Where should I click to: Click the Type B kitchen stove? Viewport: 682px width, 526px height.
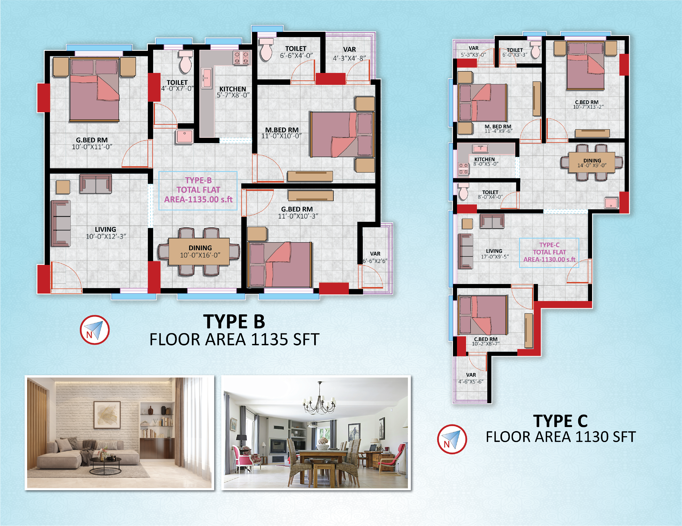pos(241,58)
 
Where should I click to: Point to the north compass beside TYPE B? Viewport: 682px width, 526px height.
pos(95,330)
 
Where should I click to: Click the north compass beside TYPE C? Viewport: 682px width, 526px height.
pos(452,439)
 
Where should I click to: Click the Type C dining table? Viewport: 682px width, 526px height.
pos(591,162)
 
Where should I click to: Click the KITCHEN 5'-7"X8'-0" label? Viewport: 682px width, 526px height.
pos(233,92)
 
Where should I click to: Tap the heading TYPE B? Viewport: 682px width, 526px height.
pos(234,322)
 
